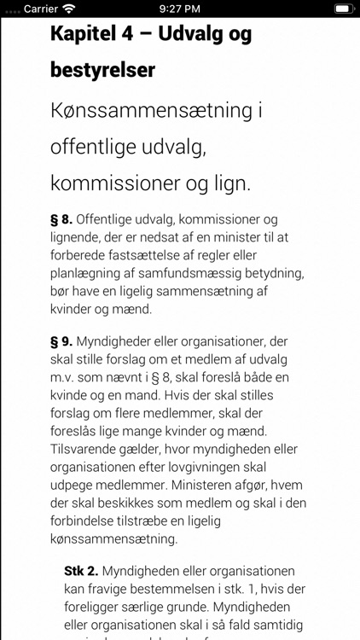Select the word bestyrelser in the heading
[x=103, y=69]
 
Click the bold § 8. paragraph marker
[x=61, y=219]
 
